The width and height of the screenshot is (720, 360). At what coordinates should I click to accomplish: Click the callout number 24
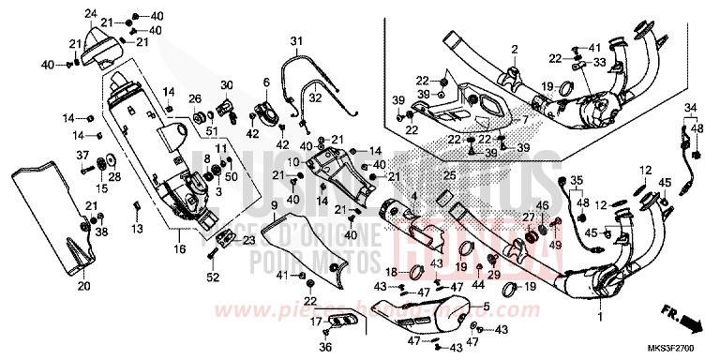[x=90, y=12]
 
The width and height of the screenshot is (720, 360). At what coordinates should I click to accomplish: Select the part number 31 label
[x=295, y=41]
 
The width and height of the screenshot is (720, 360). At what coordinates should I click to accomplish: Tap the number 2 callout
[x=514, y=49]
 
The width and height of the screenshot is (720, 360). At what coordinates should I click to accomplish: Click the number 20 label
[x=82, y=286]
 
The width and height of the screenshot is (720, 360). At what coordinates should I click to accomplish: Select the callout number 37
[x=82, y=155]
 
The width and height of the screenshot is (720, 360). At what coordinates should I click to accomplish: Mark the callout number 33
[x=601, y=62]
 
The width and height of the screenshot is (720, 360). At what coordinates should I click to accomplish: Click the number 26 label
[x=194, y=98]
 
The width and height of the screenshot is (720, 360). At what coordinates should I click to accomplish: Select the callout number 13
[x=136, y=228]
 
